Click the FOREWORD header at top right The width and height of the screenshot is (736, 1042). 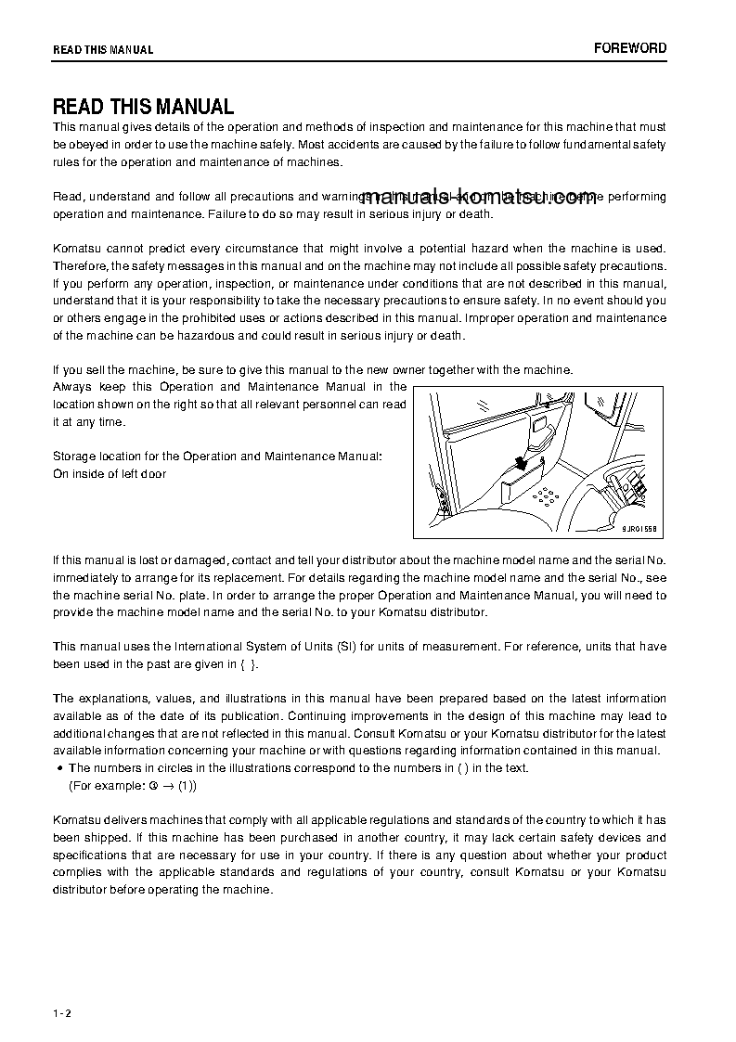(x=630, y=48)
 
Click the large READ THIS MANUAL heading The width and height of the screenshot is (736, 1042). (x=143, y=107)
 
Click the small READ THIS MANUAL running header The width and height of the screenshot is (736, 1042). (x=103, y=50)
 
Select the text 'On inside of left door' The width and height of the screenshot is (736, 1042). (x=110, y=474)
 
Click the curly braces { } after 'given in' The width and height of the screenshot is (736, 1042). (x=247, y=663)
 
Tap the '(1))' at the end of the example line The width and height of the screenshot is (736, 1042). (x=187, y=785)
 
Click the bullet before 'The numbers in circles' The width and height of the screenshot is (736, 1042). (x=59, y=768)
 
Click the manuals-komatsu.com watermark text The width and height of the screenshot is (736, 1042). (x=480, y=199)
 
